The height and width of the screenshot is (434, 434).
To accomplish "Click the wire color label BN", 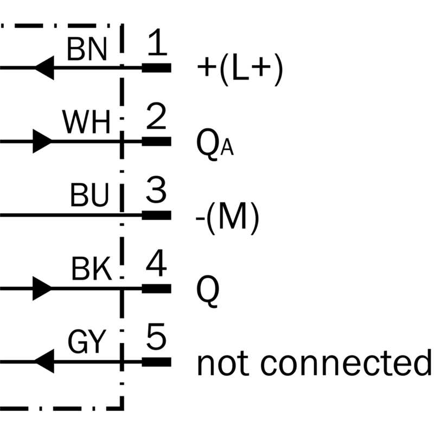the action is pyautogui.click(x=87, y=49).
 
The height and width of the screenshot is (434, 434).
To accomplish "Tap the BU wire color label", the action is pyautogui.click(x=90, y=195).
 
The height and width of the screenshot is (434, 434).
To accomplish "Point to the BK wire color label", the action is pyautogui.click(x=92, y=269).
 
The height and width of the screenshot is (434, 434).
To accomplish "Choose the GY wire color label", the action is pyautogui.click(x=87, y=342).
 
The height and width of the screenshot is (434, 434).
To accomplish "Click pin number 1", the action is pyautogui.click(x=157, y=42).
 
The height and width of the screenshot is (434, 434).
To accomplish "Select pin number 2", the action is pyautogui.click(x=156, y=116).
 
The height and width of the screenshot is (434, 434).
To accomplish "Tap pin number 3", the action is pyautogui.click(x=156, y=189).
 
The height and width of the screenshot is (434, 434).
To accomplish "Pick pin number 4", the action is pyautogui.click(x=156, y=263).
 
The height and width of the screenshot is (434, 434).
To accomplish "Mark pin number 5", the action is pyautogui.click(x=156, y=336).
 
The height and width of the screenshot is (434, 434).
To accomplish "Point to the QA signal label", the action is pyautogui.click(x=215, y=144).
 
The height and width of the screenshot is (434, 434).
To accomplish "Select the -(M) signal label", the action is pyautogui.click(x=227, y=219).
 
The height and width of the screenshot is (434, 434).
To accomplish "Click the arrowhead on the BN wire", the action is pyautogui.click(x=44, y=68).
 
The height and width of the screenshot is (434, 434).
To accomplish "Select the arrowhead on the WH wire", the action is pyautogui.click(x=42, y=141).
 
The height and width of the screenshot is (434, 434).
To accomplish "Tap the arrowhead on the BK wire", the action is pyautogui.click(x=42, y=289).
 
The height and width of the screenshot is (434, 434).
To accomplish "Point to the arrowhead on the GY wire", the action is pyautogui.click(x=44, y=361).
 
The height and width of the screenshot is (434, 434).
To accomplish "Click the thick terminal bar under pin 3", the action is pyautogui.click(x=157, y=215).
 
